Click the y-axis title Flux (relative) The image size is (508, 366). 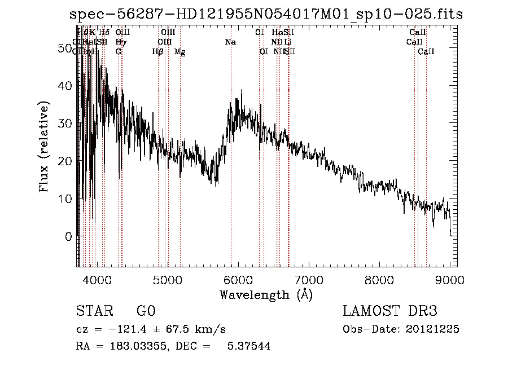click(45, 147)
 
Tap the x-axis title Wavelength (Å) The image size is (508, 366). click(266, 294)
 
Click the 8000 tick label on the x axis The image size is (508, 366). click(379, 280)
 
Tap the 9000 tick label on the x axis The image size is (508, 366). click(450, 280)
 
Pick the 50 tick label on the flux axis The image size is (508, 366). click(64, 48)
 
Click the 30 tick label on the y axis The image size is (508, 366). click(64, 124)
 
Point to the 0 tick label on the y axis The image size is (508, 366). click(68, 236)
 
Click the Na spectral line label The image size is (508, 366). click(230, 42)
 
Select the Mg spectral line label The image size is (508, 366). click(180, 52)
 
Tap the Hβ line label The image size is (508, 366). click(158, 52)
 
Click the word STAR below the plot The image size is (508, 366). click(93, 312)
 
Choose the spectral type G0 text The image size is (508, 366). click(146, 312)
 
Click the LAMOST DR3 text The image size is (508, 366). click(390, 312)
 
